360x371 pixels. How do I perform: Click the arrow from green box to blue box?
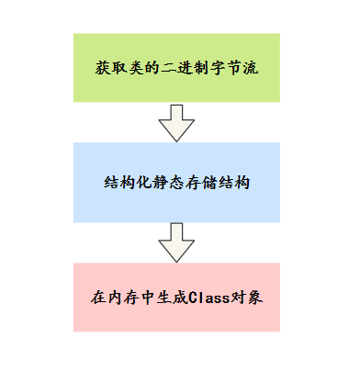coord(175,123)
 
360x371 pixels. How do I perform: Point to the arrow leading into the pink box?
coord(175,242)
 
